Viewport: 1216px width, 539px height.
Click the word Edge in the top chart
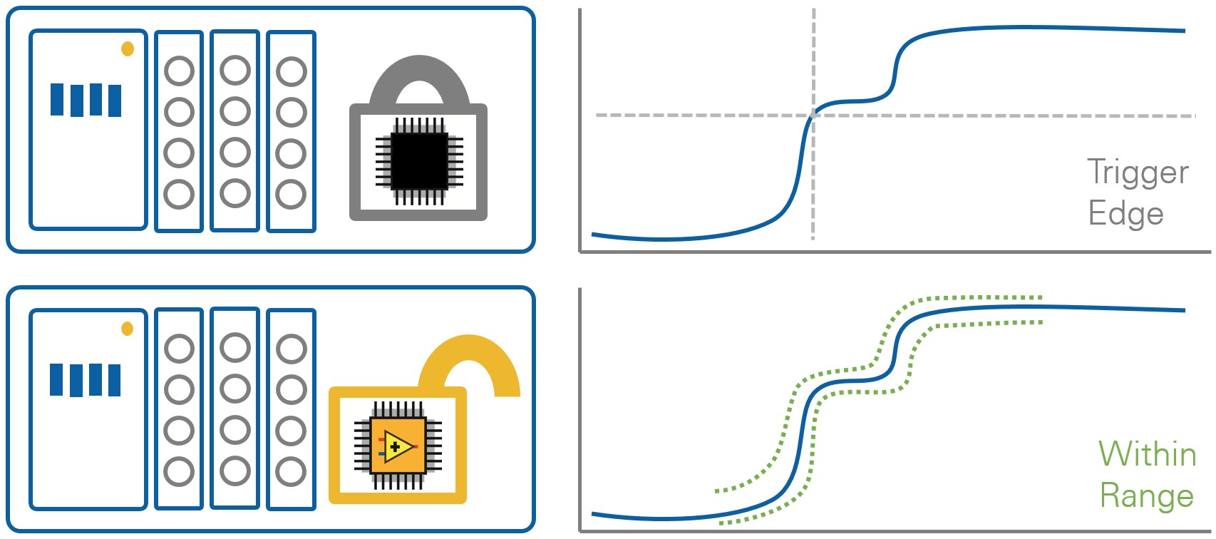coord(1125,214)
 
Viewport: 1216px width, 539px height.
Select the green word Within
coord(1147,454)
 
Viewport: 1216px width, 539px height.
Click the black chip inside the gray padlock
coord(419,161)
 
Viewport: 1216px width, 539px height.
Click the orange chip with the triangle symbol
coord(398,446)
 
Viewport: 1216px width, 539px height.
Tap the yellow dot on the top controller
coord(128,48)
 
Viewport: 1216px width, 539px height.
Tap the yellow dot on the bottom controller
coord(128,329)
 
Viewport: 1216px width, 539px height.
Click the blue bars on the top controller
coord(86,100)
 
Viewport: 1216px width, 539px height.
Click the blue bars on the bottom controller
coord(86,379)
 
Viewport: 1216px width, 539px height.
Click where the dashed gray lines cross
coord(813,115)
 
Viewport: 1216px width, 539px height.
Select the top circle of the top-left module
coord(179,71)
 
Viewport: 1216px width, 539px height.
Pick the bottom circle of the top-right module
coord(292,194)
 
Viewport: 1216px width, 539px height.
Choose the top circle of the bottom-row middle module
coord(235,348)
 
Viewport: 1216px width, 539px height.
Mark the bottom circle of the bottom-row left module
coord(179,472)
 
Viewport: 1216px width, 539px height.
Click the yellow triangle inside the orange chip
coord(396,447)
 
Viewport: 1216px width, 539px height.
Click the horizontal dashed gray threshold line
coord(998,115)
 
